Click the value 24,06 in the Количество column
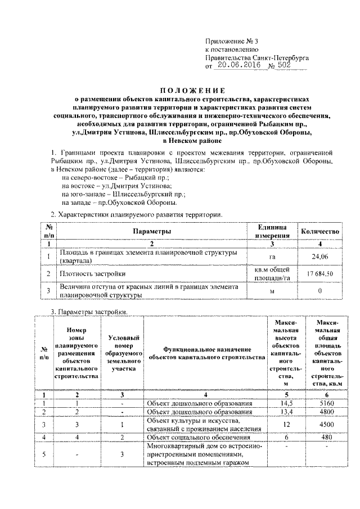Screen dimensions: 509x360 [319, 257]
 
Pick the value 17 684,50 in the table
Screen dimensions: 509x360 [319, 273]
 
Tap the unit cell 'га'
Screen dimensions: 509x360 [272, 257]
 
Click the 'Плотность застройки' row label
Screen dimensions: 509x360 [93, 273]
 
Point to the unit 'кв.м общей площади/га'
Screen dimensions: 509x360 [272, 273]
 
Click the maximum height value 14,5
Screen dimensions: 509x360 [286, 403]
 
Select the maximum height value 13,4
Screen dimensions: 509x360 [286, 412]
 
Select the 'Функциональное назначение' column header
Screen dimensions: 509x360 [206, 353]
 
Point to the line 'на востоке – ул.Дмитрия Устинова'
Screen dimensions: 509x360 [117, 186]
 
